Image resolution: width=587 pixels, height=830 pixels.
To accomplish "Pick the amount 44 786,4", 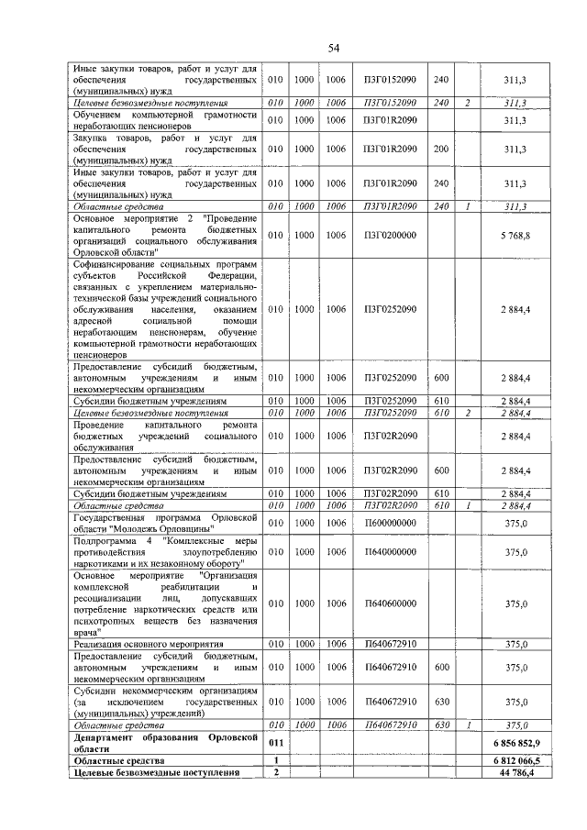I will click(518, 772).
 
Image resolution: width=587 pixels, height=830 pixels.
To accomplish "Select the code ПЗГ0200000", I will click(390, 235).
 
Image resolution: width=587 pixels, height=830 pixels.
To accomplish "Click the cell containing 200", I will click(440, 148).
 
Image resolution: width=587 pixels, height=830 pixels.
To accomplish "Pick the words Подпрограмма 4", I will click(106, 539).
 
